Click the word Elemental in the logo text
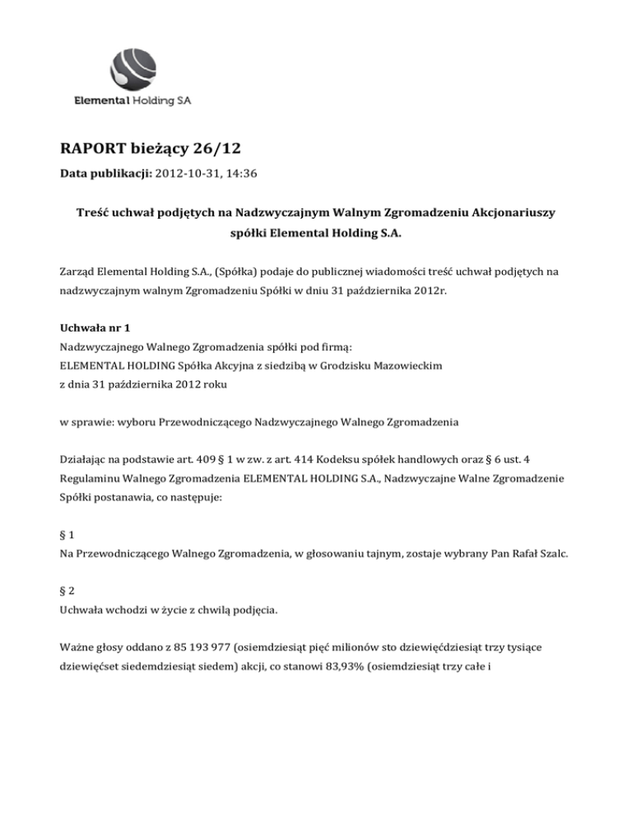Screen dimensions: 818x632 click(97, 102)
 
